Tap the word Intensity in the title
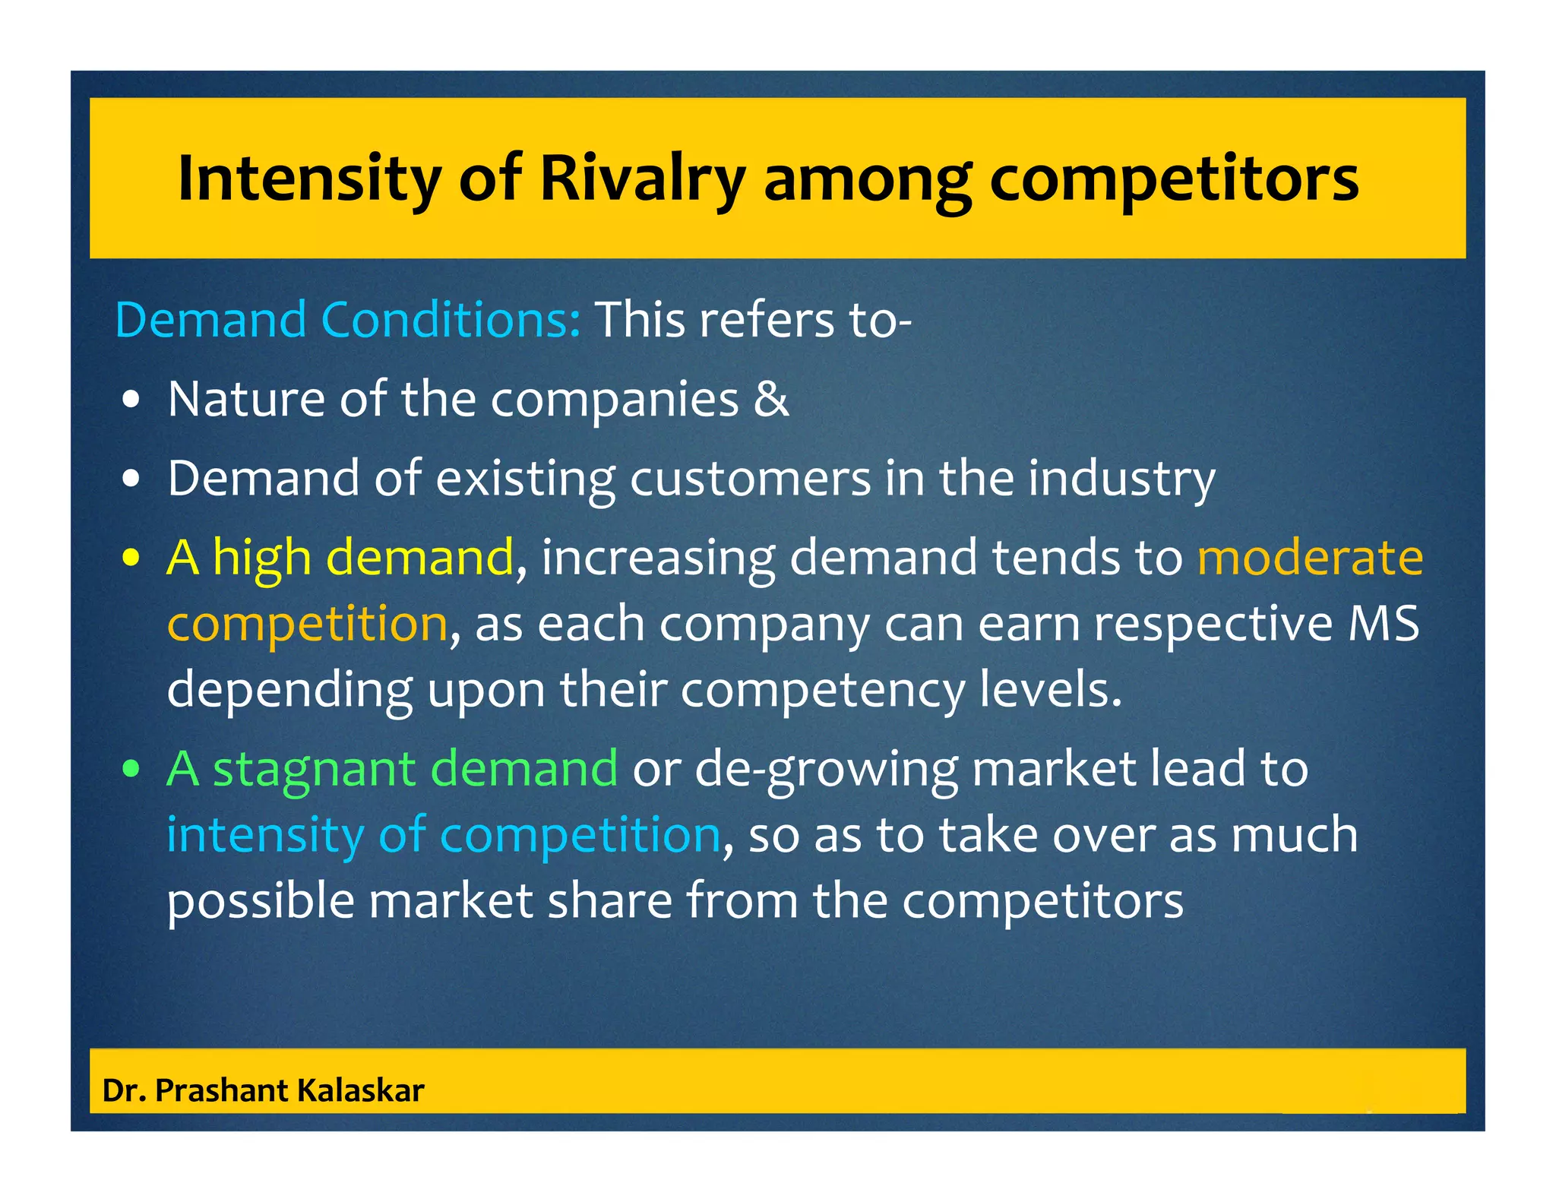pyautogui.click(x=308, y=179)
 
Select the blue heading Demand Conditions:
pyautogui.click(x=348, y=319)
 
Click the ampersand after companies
pyautogui.click(x=771, y=399)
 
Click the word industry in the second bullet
pyautogui.click(x=1121, y=479)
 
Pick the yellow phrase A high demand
pyautogui.click(x=340, y=557)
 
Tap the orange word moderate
pyautogui.click(x=1310, y=557)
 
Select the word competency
pyautogui.click(x=822, y=691)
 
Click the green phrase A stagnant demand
pyautogui.click(x=392, y=768)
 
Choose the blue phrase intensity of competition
pyautogui.click(x=443, y=834)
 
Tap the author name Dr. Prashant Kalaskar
pyautogui.click(x=263, y=1090)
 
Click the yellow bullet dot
pyautogui.click(x=131, y=558)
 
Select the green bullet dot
pyautogui.click(x=131, y=770)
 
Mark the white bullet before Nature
pyautogui.click(x=131, y=400)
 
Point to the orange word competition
pyautogui.click(x=307, y=624)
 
